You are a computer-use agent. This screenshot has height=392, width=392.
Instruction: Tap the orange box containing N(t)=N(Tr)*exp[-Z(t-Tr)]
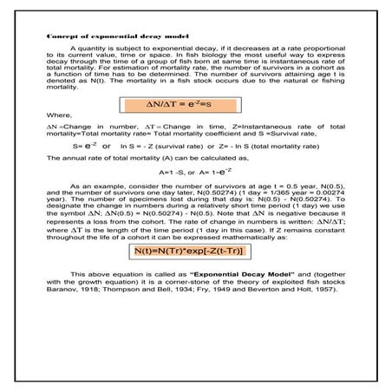pos(195,252)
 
